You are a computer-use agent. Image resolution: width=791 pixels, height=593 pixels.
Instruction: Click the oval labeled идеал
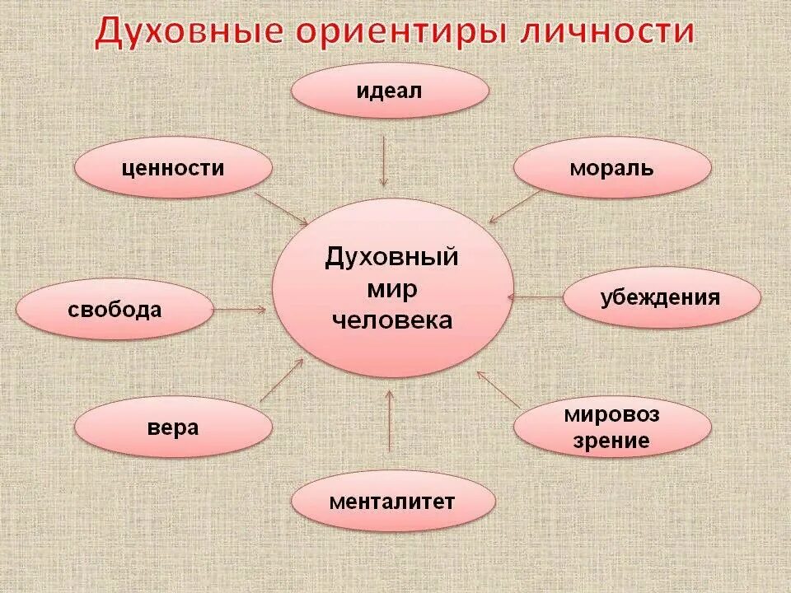[390, 90]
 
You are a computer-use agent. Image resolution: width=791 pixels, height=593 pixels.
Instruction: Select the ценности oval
[173, 169]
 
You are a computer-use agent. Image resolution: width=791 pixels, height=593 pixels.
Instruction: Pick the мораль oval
[612, 169]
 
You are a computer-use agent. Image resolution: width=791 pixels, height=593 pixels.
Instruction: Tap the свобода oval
[115, 310]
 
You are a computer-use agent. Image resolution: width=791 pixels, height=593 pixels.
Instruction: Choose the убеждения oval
[661, 297]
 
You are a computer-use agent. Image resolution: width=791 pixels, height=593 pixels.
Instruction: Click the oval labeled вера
[173, 427]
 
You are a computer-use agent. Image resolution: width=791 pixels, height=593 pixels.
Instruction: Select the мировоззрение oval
[612, 427]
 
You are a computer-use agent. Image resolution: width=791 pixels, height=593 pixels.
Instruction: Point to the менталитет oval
[393, 502]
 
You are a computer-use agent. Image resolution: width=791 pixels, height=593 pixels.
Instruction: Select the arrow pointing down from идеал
[383, 161]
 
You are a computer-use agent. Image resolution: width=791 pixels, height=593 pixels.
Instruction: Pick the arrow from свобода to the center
[240, 310]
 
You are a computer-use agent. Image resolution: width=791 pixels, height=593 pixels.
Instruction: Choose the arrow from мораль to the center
[515, 206]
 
